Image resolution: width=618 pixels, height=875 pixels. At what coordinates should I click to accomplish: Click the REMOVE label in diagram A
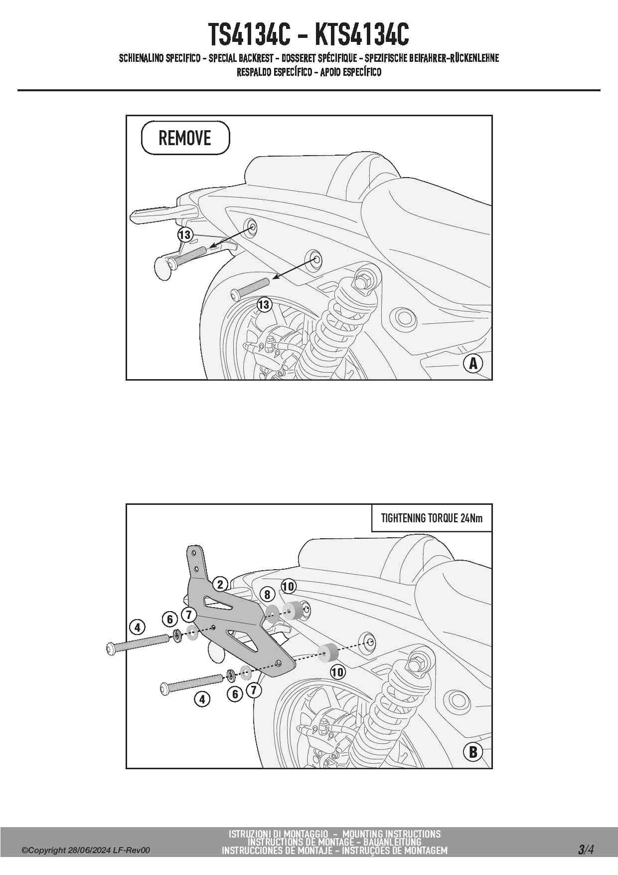tap(185, 138)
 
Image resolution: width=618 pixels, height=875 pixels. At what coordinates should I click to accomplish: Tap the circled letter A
tap(472, 363)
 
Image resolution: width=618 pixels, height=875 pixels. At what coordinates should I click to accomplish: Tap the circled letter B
tap(472, 752)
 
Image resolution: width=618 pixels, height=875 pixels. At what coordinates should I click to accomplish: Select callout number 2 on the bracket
tap(220, 584)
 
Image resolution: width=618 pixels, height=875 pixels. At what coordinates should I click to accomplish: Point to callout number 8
tap(268, 594)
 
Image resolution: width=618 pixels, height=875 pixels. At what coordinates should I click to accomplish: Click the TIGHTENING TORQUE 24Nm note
tap(432, 518)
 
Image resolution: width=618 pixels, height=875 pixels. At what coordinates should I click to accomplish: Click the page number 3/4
tap(586, 849)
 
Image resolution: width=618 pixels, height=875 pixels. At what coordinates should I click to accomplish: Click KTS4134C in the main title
tap(362, 34)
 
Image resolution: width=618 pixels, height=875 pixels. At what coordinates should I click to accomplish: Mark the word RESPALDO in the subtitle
tap(254, 72)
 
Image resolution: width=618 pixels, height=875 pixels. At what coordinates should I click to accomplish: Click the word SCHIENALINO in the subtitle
tap(141, 58)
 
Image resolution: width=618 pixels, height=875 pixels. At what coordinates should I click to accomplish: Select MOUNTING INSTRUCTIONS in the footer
tap(391, 834)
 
